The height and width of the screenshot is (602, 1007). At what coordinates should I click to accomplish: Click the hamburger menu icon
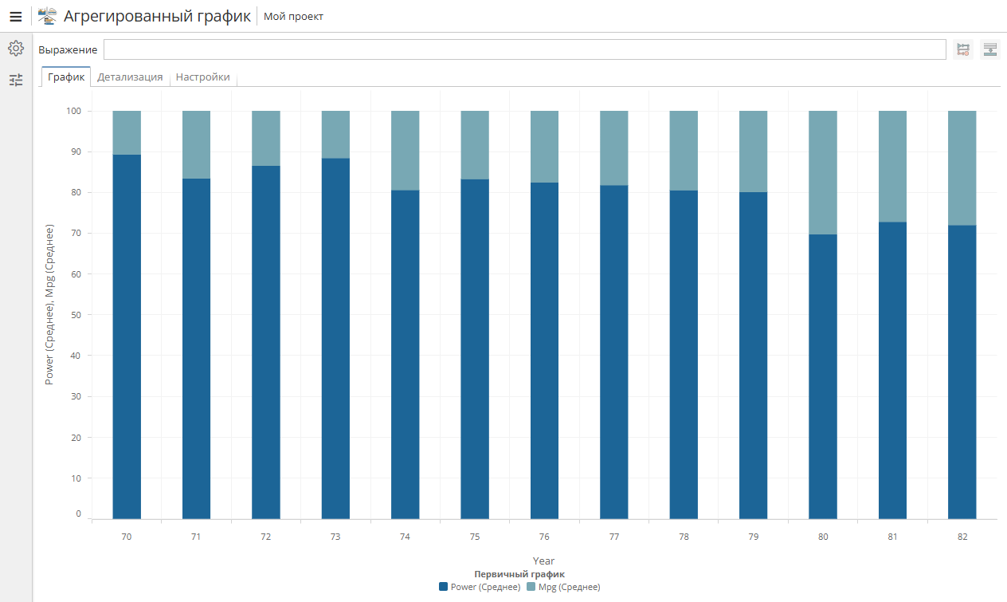pos(15,16)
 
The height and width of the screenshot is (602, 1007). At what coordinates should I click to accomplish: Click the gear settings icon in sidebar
pos(15,49)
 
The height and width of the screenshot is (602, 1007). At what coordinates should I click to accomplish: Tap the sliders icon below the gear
pos(15,80)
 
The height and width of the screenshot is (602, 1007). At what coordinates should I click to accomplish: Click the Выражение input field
pos(524,49)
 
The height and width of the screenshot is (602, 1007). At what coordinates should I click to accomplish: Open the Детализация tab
pos(130,77)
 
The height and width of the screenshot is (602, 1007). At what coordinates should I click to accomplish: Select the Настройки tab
pos(202,77)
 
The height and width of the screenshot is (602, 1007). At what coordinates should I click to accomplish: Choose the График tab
pos(65,77)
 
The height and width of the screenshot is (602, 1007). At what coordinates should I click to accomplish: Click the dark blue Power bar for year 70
pos(127,335)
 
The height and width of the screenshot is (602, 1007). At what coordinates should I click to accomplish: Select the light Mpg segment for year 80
pos(823,172)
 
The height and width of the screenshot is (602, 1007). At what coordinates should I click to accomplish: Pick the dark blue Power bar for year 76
pos(544,351)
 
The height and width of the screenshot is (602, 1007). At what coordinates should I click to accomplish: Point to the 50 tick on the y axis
pos(77,315)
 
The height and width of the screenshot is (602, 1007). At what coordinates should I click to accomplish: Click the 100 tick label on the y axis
pos(74,111)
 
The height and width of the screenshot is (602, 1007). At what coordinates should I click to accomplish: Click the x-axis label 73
pos(335,537)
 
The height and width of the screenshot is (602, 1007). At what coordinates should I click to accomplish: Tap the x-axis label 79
pos(753,537)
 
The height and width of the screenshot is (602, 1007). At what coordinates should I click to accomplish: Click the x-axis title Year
pos(543,561)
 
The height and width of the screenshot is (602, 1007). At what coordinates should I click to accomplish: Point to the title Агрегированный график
pos(157,16)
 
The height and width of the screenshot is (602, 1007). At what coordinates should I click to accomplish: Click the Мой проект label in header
pos(293,16)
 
